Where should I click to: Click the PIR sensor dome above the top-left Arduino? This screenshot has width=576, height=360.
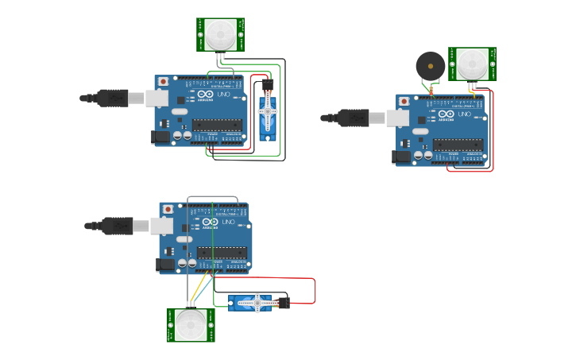(220, 33)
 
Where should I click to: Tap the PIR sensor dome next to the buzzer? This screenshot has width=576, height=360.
(472, 64)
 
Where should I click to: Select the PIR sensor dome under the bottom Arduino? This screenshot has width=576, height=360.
(191, 324)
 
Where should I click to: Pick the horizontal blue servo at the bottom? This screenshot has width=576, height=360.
(253, 302)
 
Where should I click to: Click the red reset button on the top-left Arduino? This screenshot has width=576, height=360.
(163, 81)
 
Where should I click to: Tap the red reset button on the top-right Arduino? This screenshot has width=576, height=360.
(404, 102)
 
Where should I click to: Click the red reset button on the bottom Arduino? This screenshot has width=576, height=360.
(168, 208)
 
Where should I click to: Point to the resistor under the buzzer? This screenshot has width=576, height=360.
(431, 90)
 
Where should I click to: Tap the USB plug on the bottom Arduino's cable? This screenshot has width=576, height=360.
(118, 226)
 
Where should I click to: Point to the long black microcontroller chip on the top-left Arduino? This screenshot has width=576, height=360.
(217, 124)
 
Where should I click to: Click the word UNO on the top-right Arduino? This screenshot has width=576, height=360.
(464, 114)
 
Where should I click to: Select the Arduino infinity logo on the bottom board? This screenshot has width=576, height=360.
(210, 221)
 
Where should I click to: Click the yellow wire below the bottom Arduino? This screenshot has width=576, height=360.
(202, 286)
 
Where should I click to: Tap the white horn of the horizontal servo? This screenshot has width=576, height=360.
(258, 301)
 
